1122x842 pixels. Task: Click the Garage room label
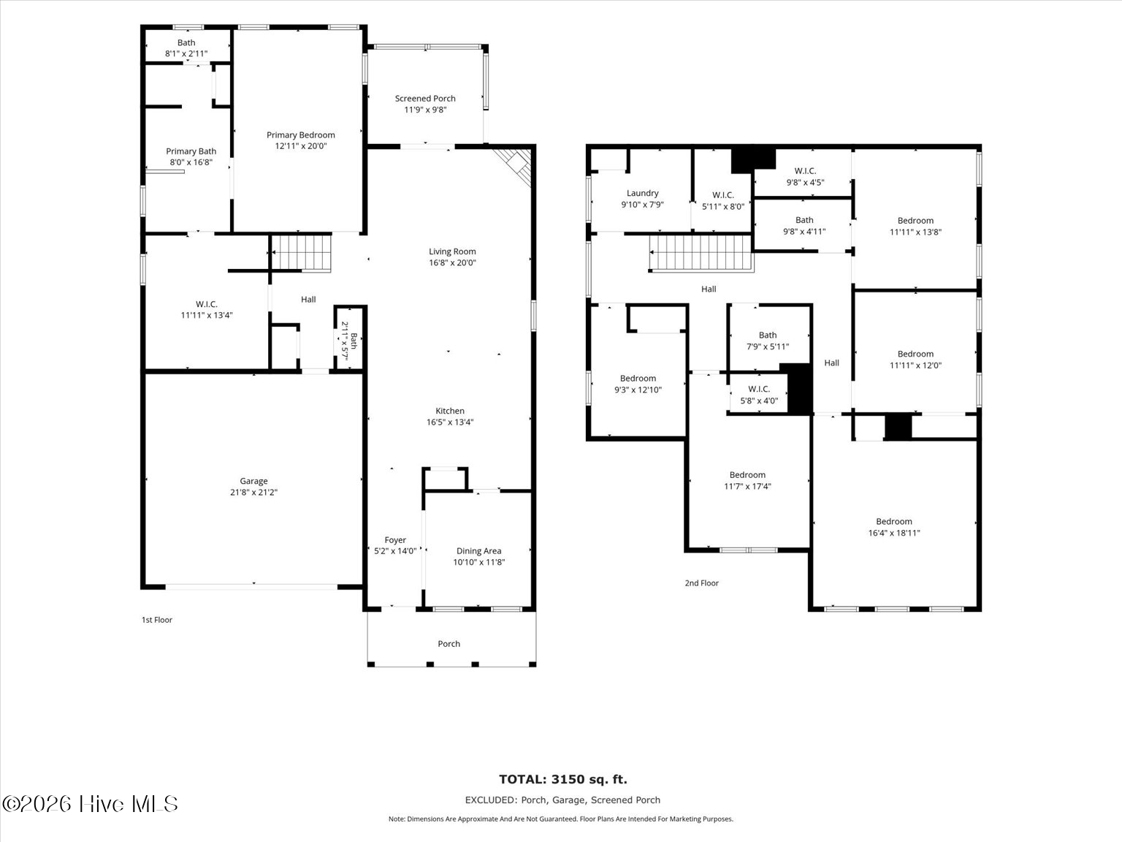253,481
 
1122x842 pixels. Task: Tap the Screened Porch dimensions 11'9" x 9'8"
425,110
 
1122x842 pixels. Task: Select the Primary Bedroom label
300,135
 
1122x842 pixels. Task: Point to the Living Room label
452,251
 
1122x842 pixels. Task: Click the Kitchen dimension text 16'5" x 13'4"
450,422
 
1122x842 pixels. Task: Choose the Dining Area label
479,551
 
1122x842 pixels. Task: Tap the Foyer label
395,540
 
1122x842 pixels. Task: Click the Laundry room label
643,193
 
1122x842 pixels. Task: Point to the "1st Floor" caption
157,620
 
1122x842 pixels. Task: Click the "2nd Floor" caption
702,583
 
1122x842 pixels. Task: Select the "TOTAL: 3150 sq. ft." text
562,780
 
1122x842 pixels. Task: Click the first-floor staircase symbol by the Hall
301,252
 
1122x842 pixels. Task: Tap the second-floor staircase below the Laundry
701,253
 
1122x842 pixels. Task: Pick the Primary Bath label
191,151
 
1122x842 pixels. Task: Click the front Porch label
449,644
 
